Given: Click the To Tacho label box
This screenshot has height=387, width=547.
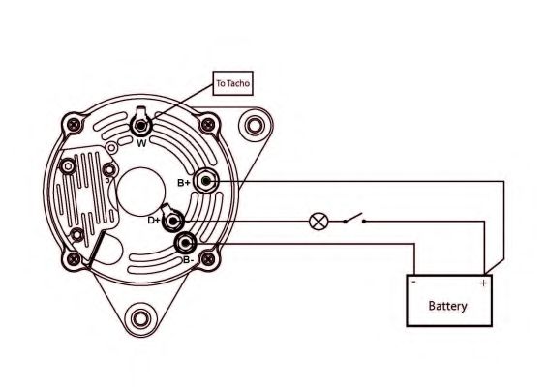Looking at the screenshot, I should pos(233,84).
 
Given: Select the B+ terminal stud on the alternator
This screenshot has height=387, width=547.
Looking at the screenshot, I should pos(206,181).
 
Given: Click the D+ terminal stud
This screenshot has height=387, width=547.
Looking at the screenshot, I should pos(175,222).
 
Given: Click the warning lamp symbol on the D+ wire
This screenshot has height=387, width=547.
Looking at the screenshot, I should pos(317,222).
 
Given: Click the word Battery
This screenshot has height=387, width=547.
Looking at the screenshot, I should pos(447,307).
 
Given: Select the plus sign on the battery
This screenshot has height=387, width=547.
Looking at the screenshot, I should pos(483,283).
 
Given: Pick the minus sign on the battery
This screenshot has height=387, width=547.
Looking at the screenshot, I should pos(413,283).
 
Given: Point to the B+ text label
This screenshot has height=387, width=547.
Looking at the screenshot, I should pos(184,182).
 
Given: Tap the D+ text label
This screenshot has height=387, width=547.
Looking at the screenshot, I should pos(153,222).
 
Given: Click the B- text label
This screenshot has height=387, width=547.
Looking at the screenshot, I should pos(190,261).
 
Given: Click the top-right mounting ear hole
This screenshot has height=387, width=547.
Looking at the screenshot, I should pos(255,126).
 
